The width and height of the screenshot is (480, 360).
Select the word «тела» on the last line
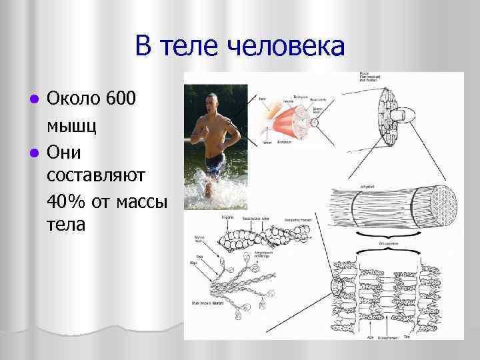pyautogui.click(x=66, y=224)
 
